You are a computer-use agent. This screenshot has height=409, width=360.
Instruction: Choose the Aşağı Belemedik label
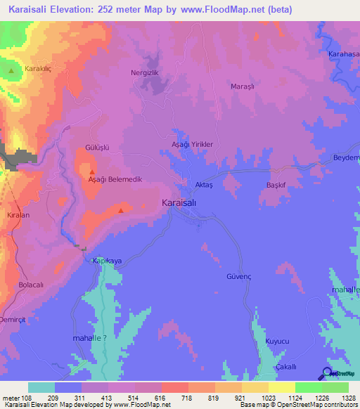(x=115, y=179)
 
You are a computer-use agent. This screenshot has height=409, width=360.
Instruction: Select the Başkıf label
(x=278, y=186)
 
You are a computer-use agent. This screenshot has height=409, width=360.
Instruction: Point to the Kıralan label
(x=18, y=216)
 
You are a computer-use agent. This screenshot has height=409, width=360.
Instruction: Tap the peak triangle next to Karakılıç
(x=13, y=70)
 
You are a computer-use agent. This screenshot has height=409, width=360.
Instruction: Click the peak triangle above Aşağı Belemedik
(x=91, y=171)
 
